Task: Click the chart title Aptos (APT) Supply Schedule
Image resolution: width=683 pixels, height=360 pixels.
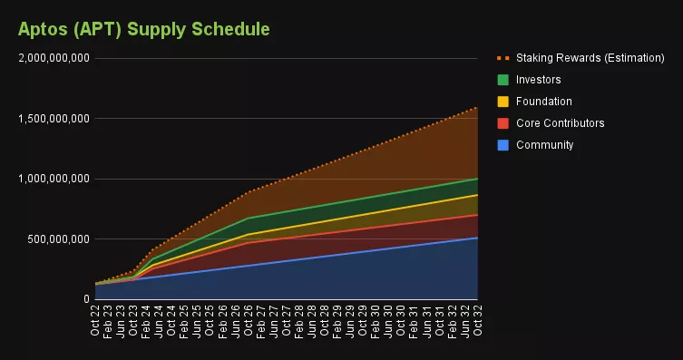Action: (143, 29)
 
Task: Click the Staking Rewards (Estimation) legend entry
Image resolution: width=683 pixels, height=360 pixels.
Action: (590, 58)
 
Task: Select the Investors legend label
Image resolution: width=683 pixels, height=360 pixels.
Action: (539, 80)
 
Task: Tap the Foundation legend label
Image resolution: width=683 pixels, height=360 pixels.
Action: (544, 102)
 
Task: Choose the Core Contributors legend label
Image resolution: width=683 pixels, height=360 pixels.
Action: (560, 123)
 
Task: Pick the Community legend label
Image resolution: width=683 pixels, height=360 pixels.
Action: (544, 145)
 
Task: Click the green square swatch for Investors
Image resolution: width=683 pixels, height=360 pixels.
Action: (502, 80)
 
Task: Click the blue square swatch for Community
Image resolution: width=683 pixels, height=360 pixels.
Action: (502, 145)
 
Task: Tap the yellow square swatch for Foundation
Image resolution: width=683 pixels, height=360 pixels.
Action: (502, 102)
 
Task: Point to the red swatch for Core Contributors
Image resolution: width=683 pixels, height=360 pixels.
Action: (502, 123)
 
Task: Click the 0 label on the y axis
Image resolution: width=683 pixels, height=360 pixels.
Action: (85, 299)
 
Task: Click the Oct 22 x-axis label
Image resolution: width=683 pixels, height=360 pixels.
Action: (95, 321)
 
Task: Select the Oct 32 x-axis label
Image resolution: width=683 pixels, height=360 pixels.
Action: (477, 321)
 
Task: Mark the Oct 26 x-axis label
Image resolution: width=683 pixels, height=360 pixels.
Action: (248, 321)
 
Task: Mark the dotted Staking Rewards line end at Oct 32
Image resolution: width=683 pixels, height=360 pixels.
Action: (477, 108)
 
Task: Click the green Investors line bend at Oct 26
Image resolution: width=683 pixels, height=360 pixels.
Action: (248, 218)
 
